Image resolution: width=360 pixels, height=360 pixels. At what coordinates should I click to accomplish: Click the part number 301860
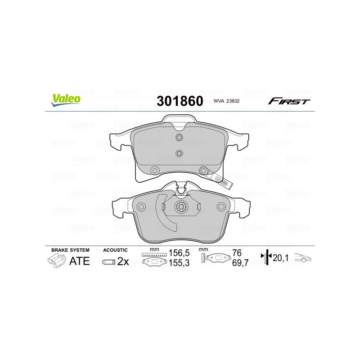[x=180, y=101]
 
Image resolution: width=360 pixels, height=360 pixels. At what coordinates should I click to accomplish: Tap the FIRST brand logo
[x=289, y=101]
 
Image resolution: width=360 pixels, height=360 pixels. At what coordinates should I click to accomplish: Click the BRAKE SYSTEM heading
[x=70, y=250]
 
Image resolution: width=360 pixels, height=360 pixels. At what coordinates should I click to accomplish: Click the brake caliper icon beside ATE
[x=56, y=261]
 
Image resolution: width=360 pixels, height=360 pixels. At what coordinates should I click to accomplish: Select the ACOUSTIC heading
[x=115, y=250]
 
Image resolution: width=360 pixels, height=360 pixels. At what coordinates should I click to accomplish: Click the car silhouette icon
[x=303, y=258]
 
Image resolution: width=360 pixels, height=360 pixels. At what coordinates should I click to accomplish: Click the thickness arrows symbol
[x=267, y=258]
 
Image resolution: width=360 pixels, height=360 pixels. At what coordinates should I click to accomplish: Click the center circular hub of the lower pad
[x=182, y=207]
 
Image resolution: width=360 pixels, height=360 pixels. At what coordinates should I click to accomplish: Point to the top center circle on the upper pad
[x=179, y=138]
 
